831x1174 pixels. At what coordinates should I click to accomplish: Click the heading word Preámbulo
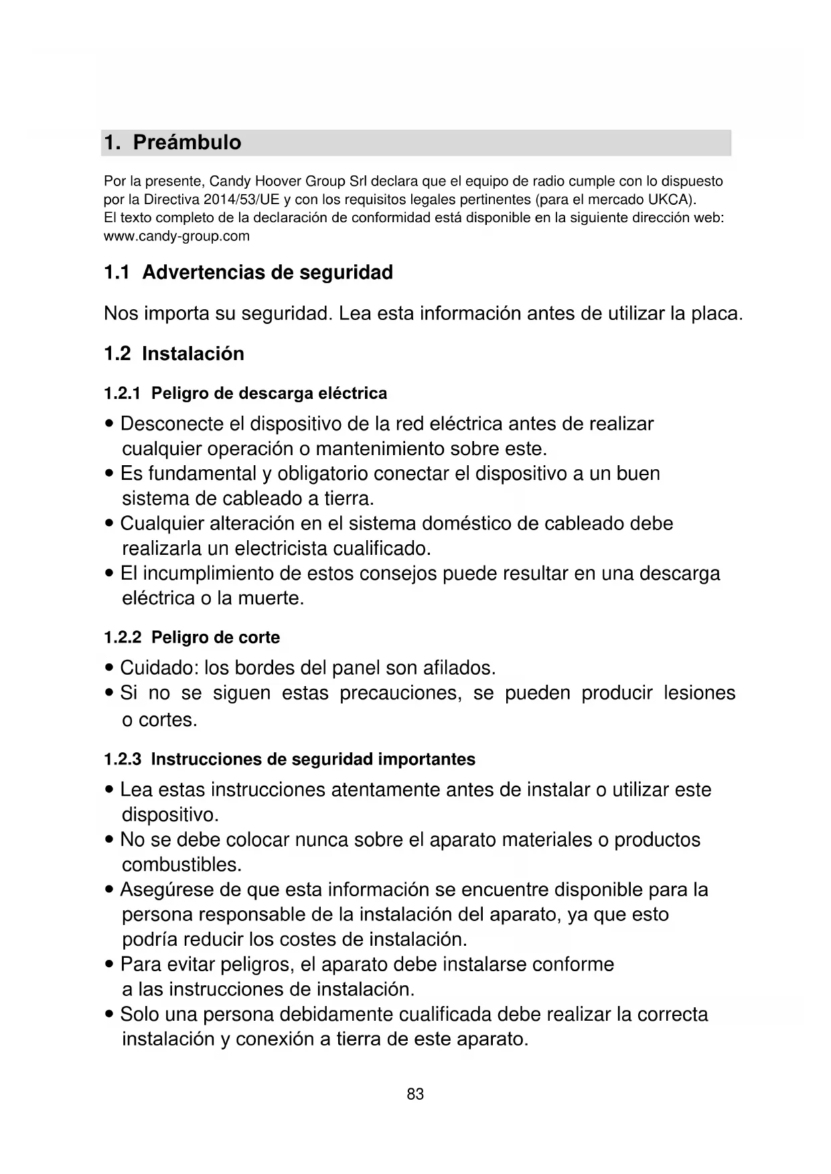click(x=187, y=143)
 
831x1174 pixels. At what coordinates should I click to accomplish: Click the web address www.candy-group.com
click(x=177, y=236)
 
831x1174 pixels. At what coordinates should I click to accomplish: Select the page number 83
click(x=415, y=1094)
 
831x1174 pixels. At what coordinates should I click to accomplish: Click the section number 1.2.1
click(x=122, y=394)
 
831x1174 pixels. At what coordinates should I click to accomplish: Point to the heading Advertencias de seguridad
click(x=267, y=273)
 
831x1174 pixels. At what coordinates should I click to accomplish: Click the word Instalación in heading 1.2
click(x=193, y=354)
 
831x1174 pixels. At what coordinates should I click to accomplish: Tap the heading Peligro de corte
click(x=216, y=638)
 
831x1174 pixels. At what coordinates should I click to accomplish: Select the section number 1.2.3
click(x=122, y=760)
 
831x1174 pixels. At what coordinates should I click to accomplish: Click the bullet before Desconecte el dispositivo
click(x=109, y=425)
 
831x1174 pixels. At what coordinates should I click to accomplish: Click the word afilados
click(x=459, y=668)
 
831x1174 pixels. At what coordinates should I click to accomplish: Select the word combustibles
click(x=181, y=865)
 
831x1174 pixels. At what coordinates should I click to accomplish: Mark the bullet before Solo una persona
click(x=109, y=1015)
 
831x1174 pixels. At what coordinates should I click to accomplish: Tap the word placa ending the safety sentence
click(x=717, y=314)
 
